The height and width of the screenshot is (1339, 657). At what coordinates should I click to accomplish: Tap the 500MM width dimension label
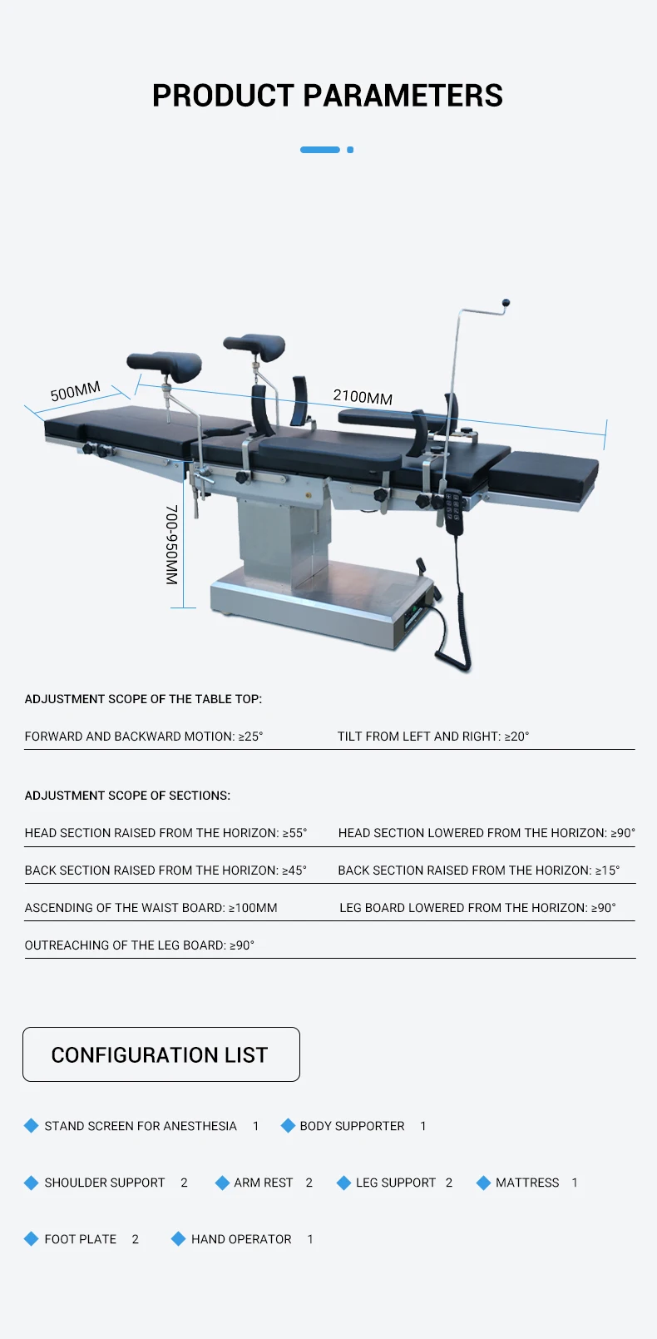pos(75,391)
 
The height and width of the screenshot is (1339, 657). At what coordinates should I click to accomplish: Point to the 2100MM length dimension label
pos(363,397)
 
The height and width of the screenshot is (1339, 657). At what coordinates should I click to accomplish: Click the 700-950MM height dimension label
pos(172,544)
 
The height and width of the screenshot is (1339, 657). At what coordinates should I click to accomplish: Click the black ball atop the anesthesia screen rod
pos(506,304)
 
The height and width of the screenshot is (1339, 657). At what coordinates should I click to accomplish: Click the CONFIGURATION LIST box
pos(161,1054)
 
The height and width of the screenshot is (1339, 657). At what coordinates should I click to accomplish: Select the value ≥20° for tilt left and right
pos(516,736)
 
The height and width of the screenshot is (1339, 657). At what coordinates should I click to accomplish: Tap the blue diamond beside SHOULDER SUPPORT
pos(32,1183)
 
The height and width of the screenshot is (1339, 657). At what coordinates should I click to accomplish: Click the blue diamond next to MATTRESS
pos(483,1183)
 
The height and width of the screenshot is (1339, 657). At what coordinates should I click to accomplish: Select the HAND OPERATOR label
pos(241,1239)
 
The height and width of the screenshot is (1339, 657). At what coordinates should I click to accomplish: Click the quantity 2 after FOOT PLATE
pos(136,1239)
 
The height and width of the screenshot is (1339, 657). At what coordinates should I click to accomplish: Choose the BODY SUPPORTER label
pos(352,1126)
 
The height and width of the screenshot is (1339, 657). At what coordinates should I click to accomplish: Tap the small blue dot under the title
pos(350,150)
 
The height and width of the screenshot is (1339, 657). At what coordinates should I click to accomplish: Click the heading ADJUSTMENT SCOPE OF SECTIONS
pos(127,796)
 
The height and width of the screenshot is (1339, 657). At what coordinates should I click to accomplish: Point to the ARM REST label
pos(264,1183)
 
